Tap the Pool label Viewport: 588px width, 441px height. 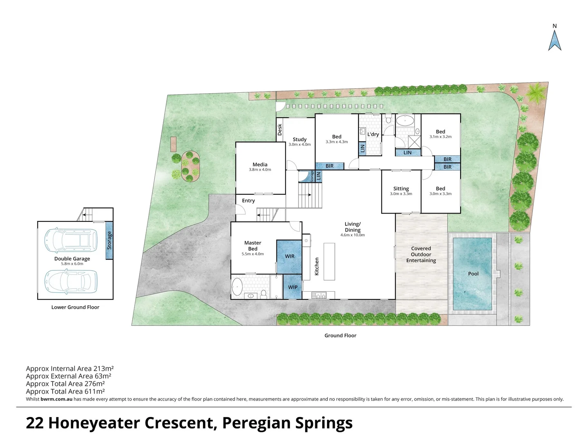pyautogui.click(x=473, y=274)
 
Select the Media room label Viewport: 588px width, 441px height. pyautogui.click(x=260, y=165)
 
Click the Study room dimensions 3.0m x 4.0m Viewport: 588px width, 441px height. pyautogui.click(x=299, y=145)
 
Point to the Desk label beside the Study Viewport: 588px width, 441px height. pyautogui.click(x=280, y=129)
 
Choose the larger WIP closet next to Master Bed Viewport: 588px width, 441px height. pyautogui.click(x=290, y=256)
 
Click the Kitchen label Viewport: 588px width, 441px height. pyautogui.click(x=316, y=266)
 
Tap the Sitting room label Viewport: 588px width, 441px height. pyautogui.click(x=401, y=189)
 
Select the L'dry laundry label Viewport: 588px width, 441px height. pyautogui.click(x=373, y=134)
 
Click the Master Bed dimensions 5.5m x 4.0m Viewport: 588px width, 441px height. pyautogui.click(x=253, y=254)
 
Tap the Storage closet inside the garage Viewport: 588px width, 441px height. pyautogui.click(x=109, y=240)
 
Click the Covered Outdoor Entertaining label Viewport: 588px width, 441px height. pyautogui.click(x=421, y=254)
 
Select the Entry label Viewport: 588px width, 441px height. pyautogui.click(x=248, y=200)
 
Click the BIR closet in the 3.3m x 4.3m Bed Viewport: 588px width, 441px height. pyautogui.click(x=330, y=166)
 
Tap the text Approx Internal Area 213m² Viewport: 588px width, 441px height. pyautogui.click(x=70, y=369)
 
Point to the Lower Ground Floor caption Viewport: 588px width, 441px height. pyautogui.click(x=75, y=307)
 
